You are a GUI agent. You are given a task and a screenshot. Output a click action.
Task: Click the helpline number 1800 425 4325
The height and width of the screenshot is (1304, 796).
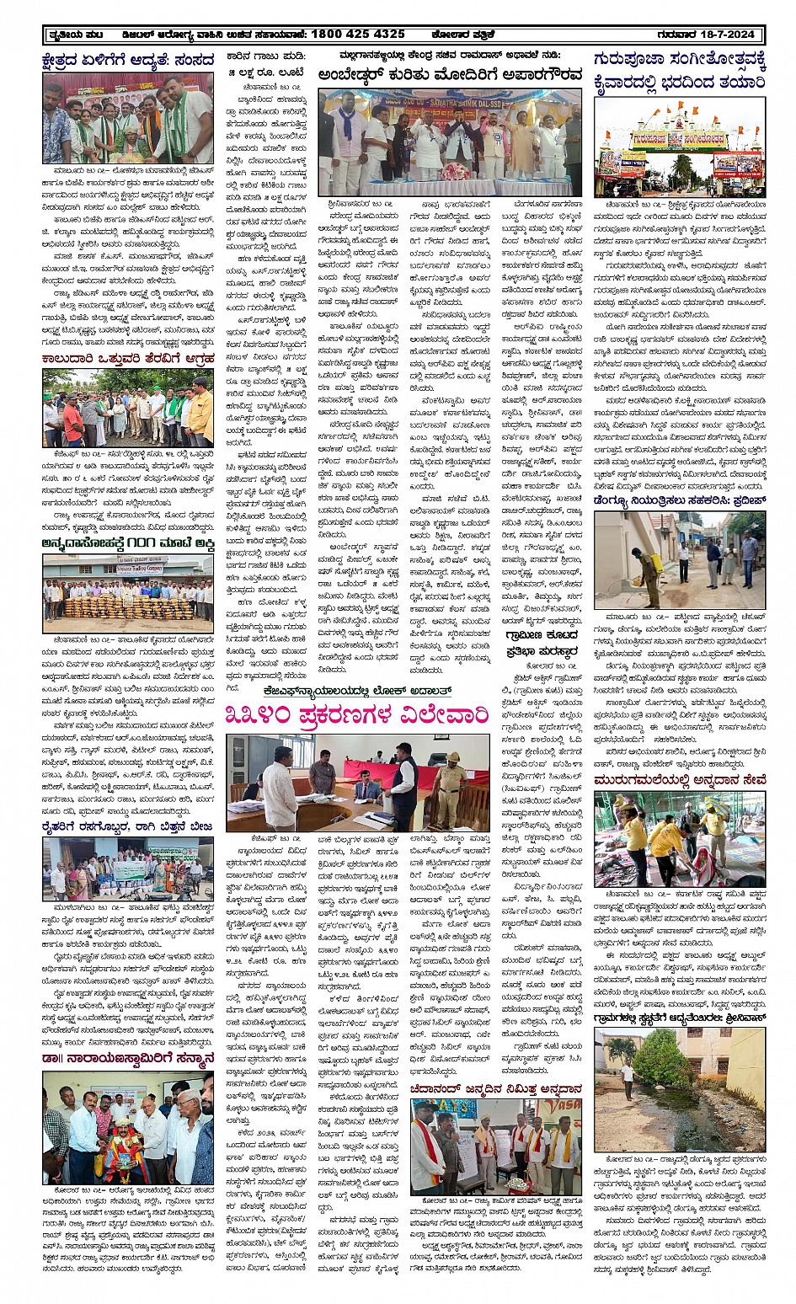[357, 35]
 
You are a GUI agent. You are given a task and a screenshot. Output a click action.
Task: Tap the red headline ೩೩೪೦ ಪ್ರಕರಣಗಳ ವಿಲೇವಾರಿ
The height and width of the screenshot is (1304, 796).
[357, 715]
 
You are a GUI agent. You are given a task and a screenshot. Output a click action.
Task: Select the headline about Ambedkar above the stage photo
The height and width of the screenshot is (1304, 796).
[450, 75]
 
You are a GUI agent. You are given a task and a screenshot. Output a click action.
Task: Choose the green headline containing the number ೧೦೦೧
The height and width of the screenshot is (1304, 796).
[128, 543]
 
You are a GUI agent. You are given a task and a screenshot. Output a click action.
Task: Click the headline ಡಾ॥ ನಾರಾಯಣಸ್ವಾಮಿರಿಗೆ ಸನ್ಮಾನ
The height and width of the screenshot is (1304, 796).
[128, 1059]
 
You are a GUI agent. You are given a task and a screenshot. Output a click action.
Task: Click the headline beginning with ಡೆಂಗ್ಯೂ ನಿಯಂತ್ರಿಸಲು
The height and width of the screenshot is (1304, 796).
[679, 500]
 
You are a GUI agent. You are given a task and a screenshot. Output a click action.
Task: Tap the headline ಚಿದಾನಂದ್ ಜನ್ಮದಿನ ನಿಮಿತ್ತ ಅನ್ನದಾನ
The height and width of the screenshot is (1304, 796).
[496, 1089]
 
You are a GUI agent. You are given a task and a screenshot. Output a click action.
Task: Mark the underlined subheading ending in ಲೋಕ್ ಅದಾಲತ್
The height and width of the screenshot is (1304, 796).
[357, 690]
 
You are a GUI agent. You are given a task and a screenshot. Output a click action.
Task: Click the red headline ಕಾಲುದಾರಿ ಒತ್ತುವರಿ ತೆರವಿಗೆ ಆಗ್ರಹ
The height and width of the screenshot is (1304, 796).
[128, 359]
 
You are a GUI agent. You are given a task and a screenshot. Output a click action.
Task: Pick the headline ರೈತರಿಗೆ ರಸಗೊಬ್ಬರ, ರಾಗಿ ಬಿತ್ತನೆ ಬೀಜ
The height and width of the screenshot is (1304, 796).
[128, 827]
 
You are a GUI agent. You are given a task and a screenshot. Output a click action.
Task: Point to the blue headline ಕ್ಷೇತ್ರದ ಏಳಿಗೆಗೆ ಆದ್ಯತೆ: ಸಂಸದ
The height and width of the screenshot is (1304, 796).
[128, 60]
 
